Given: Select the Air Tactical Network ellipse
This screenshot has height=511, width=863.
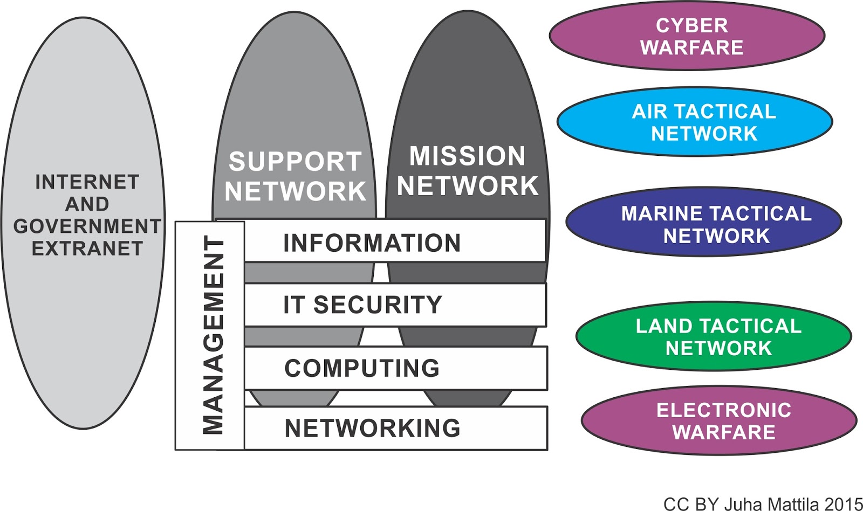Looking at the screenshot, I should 694,122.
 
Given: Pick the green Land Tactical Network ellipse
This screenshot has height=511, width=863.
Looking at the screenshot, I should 713,336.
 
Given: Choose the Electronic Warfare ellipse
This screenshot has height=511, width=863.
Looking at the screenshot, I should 718,421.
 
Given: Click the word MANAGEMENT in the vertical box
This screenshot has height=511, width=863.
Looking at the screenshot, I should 213,335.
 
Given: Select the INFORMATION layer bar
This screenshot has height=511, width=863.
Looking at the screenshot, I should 394,243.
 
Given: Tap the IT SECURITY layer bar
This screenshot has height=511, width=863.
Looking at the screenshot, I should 394,305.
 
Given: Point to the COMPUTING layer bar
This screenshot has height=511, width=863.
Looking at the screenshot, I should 394,369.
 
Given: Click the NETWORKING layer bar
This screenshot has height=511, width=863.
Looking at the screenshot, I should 394,429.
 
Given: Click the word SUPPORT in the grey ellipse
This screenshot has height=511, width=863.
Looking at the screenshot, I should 294,161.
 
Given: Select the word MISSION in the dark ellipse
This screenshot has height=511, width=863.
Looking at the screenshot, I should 467,156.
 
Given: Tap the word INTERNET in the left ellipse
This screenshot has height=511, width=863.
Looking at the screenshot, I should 87,182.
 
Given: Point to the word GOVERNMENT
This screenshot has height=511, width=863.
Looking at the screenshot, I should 87,226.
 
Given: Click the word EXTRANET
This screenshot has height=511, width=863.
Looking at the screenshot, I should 87,248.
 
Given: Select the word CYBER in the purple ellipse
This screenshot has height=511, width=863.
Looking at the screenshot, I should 691,25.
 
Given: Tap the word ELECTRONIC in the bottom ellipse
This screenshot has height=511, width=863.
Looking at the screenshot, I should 723,410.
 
